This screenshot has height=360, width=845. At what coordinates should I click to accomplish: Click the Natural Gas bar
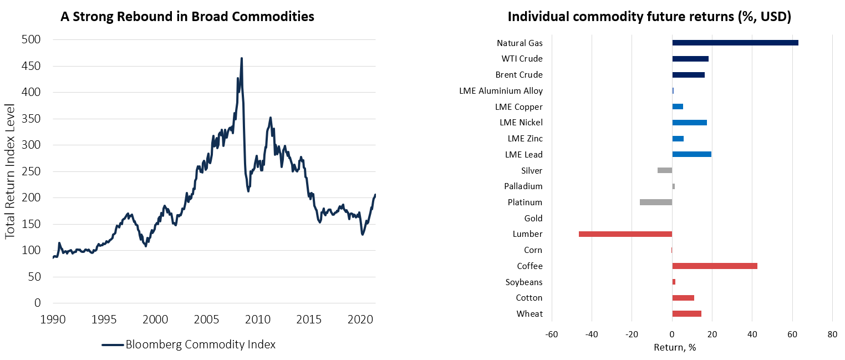tap(735, 43)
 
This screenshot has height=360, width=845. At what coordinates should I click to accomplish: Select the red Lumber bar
tap(625, 234)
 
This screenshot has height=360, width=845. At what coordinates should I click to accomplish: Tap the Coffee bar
tap(714, 266)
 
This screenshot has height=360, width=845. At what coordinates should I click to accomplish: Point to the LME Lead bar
tap(691, 155)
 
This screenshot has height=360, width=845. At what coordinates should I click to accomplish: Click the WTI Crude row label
tap(522, 59)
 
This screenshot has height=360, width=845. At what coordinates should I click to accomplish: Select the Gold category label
tap(533, 219)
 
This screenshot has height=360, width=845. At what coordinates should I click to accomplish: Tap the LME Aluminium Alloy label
tap(501, 91)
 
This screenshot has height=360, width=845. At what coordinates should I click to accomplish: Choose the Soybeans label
tap(524, 282)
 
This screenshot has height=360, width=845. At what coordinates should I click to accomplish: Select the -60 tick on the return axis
tap(552, 334)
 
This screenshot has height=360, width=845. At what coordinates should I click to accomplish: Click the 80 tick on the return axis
tap(832, 334)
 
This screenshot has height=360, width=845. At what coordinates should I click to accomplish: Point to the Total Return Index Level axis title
tap(11, 171)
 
